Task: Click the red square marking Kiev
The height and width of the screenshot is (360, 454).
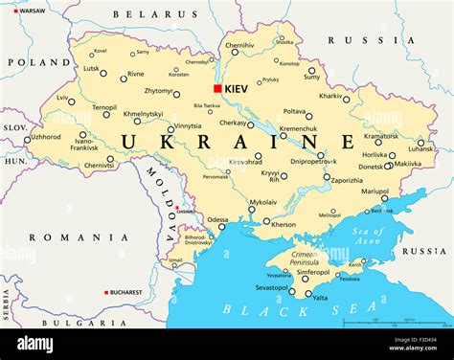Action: click(x=217, y=88)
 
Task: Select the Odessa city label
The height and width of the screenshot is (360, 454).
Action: click(x=217, y=219)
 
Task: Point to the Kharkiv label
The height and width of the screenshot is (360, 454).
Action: click(x=330, y=96)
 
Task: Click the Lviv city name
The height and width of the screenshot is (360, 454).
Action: click(x=62, y=98)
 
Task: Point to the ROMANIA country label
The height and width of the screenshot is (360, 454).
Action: click(x=65, y=236)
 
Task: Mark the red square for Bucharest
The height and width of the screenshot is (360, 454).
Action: click(x=107, y=292)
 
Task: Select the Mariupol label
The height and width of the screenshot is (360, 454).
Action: click(x=375, y=191)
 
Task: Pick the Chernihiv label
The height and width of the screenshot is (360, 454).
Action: click(x=239, y=45)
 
